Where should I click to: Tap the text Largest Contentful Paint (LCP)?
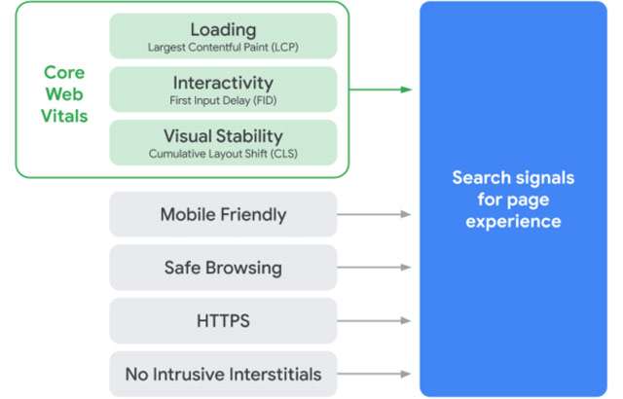223,46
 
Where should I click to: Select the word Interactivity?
223,82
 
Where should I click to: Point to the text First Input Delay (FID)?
223,99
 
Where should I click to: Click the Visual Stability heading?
223,135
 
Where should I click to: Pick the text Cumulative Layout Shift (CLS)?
223,153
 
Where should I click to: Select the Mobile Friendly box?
223,213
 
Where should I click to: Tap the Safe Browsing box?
223,267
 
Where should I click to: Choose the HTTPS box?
223,320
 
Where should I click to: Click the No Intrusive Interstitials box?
223,374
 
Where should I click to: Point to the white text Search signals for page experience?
512,199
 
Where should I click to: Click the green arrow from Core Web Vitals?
380,91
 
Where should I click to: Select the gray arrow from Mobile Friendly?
374,213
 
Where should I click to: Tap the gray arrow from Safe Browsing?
374,267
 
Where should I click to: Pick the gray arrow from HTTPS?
374,320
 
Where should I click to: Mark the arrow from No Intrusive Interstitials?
374,374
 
